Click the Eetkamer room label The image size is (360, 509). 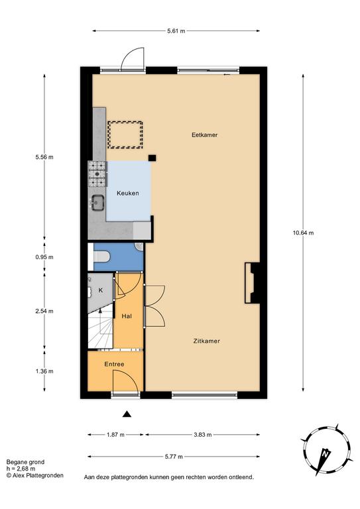click(x=204, y=135)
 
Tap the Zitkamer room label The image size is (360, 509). click(x=206, y=341)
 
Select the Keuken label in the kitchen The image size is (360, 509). click(x=128, y=193)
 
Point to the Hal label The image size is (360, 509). click(x=127, y=316)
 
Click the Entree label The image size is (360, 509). click(x=114, y=365)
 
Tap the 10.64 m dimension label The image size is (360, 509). click(x=303, y=233)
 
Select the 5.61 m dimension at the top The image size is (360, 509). click(x=176, y=31)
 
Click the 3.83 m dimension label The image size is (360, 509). click(x=203, y=435)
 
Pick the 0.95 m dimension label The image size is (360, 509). click(x=44, y=257)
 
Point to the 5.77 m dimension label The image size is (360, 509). click(x=174, y=457)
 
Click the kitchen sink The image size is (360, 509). click(x=97, y=203)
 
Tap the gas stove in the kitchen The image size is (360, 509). click(x=97, y=174)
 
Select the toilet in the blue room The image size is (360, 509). click(x=101, y=256)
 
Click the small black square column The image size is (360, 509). click(x=152, y=158)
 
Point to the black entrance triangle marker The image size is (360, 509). click(x=127, y=414)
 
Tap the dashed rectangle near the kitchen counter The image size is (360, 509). click(x=125, y=135)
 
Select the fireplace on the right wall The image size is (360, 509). click(x=252, y=283)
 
